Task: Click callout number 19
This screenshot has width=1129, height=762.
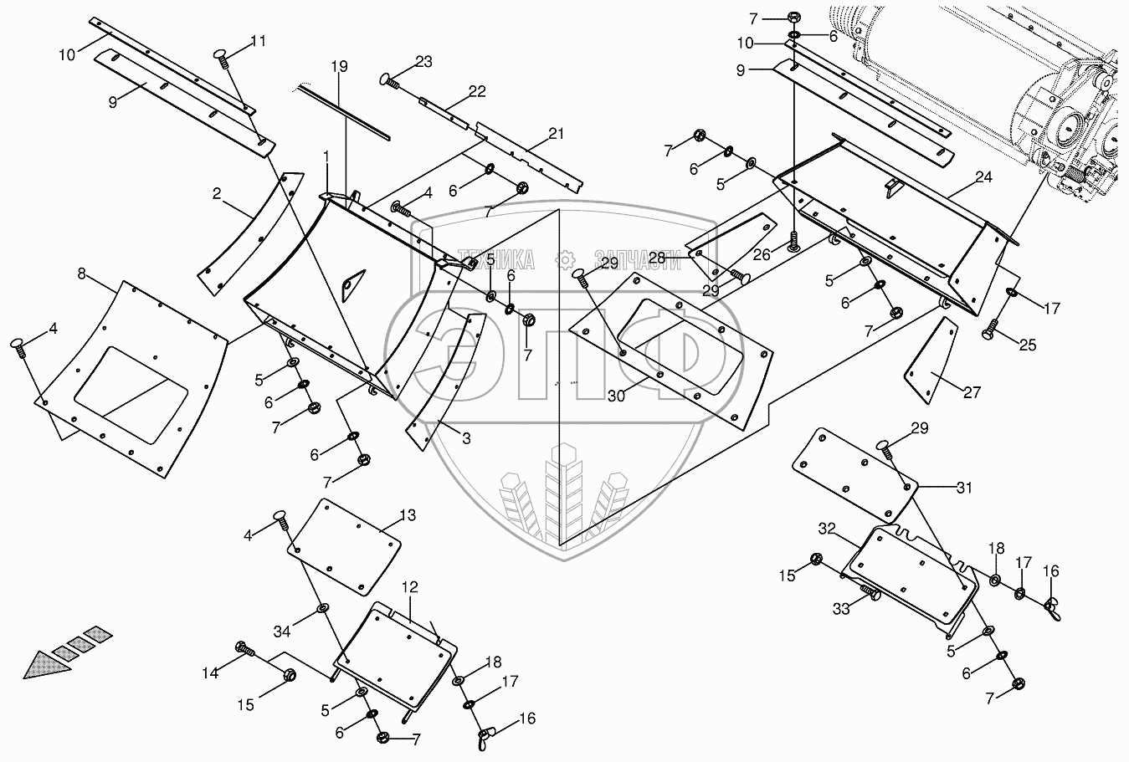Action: [x=337, y=65]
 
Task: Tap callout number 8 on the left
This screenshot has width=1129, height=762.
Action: [x=81, y=274]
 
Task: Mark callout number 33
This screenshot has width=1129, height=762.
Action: [x=840, y=609]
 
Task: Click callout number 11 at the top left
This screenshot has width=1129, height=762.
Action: [x=257, y=39]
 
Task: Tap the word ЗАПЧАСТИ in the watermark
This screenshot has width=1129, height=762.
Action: [x=629, y=257]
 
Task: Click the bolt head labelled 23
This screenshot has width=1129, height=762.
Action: [x=386, y=79]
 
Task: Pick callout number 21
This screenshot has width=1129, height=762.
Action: [x=557, y=133]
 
